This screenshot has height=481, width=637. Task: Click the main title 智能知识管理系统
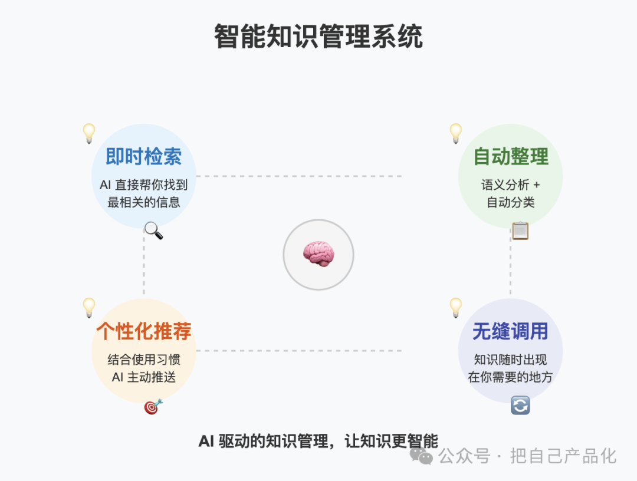(318, 37)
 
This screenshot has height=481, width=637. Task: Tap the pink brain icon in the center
(318, 254)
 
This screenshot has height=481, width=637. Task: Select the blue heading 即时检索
(143, 157)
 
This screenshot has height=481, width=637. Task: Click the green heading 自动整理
(511, 157)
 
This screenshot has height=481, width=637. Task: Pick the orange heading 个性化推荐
(144, 331)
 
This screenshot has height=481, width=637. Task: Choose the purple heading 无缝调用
(510, 331)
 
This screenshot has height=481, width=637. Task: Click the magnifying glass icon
(153, 230)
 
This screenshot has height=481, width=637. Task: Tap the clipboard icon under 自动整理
(520, 230)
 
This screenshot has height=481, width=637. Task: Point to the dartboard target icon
(153, 406)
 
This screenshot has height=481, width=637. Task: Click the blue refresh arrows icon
(520, 406)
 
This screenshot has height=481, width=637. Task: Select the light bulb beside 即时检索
(89, 133)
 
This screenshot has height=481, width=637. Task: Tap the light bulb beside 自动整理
(456, 133)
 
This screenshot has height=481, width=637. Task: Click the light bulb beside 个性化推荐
(89, 308)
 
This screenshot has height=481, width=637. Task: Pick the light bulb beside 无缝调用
(456, 308)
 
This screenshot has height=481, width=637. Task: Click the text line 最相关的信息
(144, 202)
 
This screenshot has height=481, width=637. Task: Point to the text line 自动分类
(511, 202)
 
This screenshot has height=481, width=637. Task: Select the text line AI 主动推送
(144, 377)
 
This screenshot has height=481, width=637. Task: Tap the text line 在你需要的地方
(510, 377)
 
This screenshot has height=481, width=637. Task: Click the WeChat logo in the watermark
(421, 456)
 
